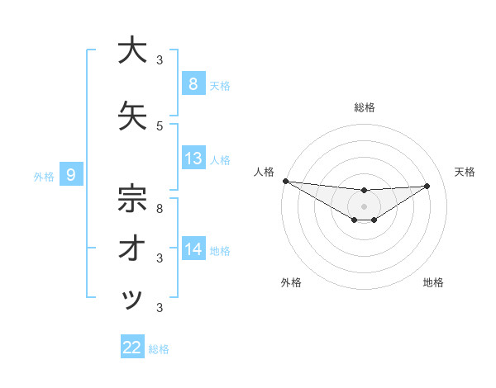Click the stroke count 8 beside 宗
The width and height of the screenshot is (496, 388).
click(x=160, y=208)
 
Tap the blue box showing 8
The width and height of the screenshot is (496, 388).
click(x=193, y=83)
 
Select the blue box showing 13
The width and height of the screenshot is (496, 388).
click(x=193, y=159)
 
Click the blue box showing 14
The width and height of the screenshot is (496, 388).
click(x=193, y=248)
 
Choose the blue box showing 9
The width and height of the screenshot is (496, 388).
click(x=71, y=174)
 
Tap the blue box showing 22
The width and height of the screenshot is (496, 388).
click(x=132, y=348)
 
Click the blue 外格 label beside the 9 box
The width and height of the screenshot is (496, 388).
click(x=43, y=176)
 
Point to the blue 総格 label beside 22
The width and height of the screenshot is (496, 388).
click(x=159, y=349)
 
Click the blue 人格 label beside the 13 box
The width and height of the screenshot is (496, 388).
click(x=220, y=159)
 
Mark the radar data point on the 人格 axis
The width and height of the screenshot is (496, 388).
click(x=285, y=181)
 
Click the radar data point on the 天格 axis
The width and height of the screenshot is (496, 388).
click(x=427, y=187)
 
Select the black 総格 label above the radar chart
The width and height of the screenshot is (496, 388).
click(x=364, y=107)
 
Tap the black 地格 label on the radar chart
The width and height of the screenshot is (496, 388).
click(x=433, y=282)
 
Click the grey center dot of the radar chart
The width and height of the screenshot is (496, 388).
click(x=364, y=206)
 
